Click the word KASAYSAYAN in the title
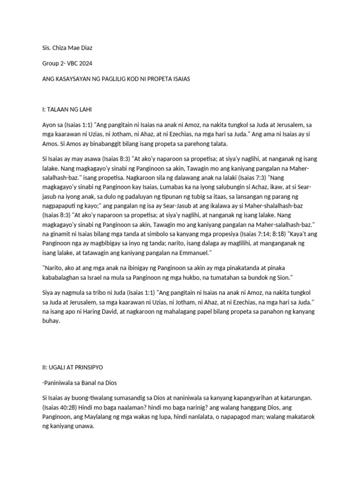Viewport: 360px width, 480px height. [75, 79]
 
